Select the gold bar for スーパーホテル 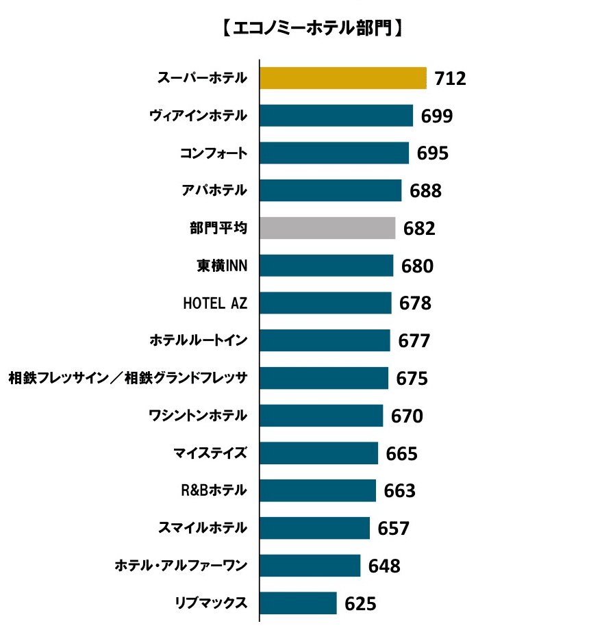(342, 78)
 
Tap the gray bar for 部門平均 (327, 228)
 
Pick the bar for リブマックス (298, 603)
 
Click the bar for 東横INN (326, 266)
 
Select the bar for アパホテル (330, 190)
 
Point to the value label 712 (450, 79)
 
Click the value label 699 (436, 116)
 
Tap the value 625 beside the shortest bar (360, 604)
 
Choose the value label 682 (419, 229)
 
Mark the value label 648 (384, 566)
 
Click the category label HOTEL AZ (215, 303)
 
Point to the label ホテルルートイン (199, 340)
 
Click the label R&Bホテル (213, 490)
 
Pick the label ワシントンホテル (198, 416)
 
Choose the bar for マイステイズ (318, 453)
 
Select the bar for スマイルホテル (314, 528)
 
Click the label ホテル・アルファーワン (181, 566)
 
